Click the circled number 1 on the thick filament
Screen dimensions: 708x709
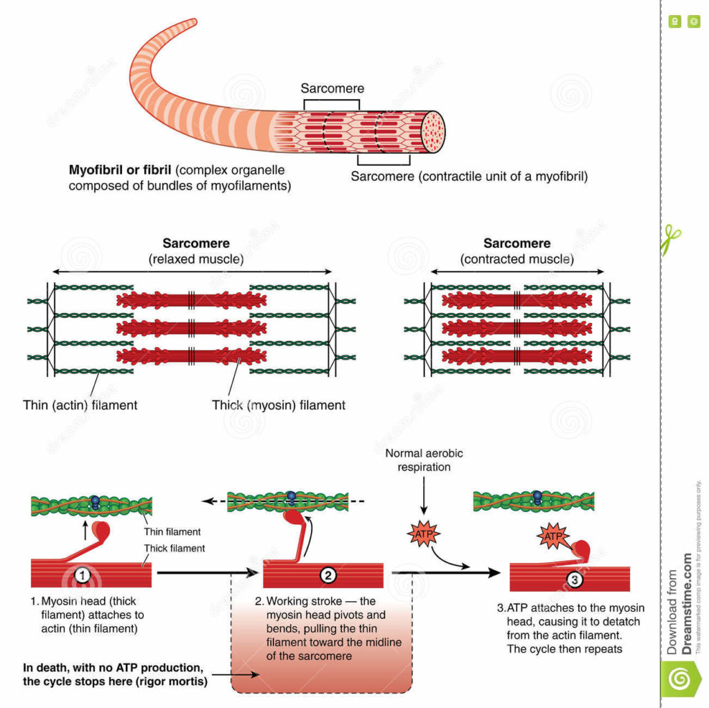click(x=82, y=574)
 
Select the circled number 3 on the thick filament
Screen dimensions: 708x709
click(x=573, y=579)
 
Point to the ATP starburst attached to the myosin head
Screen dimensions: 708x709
click(x=552, y=536)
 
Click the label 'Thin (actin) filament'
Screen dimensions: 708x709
click(x=80, y=405)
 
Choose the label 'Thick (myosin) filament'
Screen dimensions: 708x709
click(x=278, y=405)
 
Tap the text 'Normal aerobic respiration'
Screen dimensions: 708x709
click(x=424, y=460)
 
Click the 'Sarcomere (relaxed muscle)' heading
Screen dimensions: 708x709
click(x=196, y=251)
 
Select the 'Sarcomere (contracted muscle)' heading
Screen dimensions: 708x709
click(x=517, y=251)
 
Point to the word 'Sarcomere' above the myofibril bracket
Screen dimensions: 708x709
click(x=332, y=89)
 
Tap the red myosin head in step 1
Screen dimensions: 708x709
click(x=102, y=531)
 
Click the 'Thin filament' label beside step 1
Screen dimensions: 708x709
click(x=172, y=532)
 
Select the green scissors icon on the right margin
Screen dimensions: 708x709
click(x=670, y=238)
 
